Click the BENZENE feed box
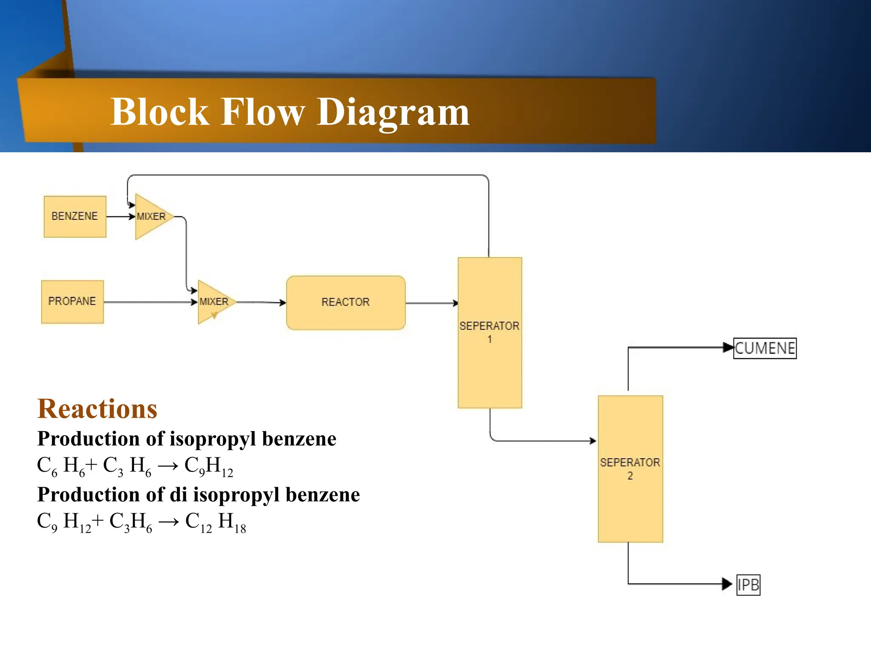click(75, 216)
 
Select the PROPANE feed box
click(72, 301)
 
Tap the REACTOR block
click(345, 302)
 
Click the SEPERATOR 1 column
click(490, 332)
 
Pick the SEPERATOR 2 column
click(630, 468)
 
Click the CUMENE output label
click(765, 348)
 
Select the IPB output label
click(748, 585)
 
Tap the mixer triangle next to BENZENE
click(151, 216)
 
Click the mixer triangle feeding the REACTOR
click(213, 302)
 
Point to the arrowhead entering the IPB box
click(727, 584)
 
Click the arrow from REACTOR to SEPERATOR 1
click(431, 303)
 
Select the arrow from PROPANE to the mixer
click(149, 302)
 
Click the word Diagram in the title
click(393, 112)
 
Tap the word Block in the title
click(159, 112)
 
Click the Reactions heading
click(97, 409)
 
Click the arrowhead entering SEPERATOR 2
click(593, 441)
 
